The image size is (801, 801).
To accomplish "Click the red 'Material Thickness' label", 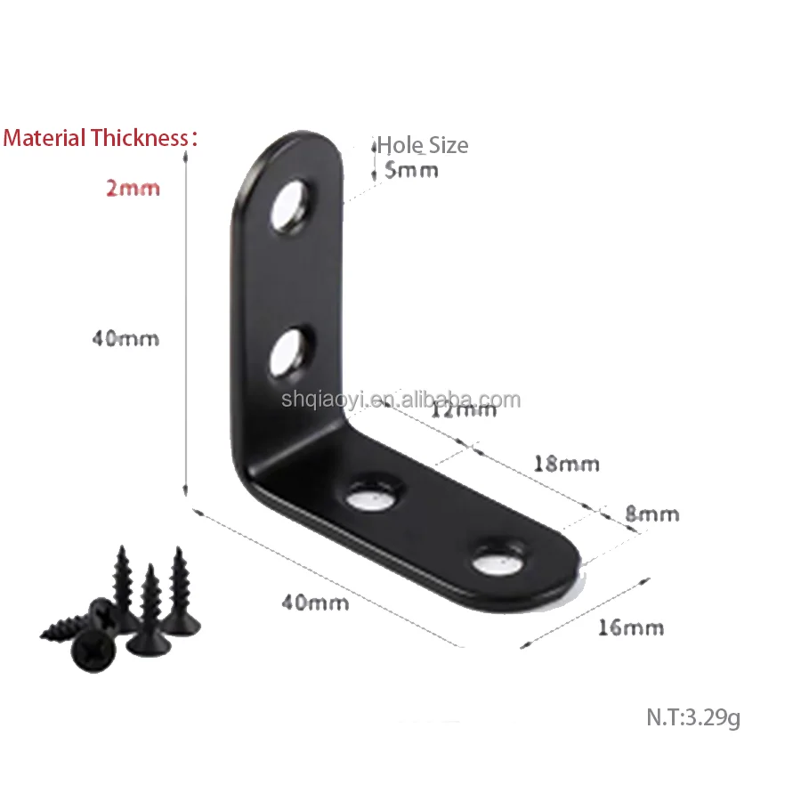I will point(98,138).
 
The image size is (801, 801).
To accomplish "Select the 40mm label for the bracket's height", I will point(125,339).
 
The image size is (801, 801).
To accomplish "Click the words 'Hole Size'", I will point(423,145).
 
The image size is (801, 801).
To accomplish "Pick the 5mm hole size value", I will point(411,170).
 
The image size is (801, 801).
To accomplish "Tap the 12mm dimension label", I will point(464,410).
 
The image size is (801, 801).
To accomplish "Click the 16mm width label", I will point(630,627).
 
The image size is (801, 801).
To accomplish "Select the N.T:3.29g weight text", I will point(693,717).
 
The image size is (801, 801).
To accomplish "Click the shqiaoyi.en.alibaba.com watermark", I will point(400,400).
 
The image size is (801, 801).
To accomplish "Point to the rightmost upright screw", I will point(182,592).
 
